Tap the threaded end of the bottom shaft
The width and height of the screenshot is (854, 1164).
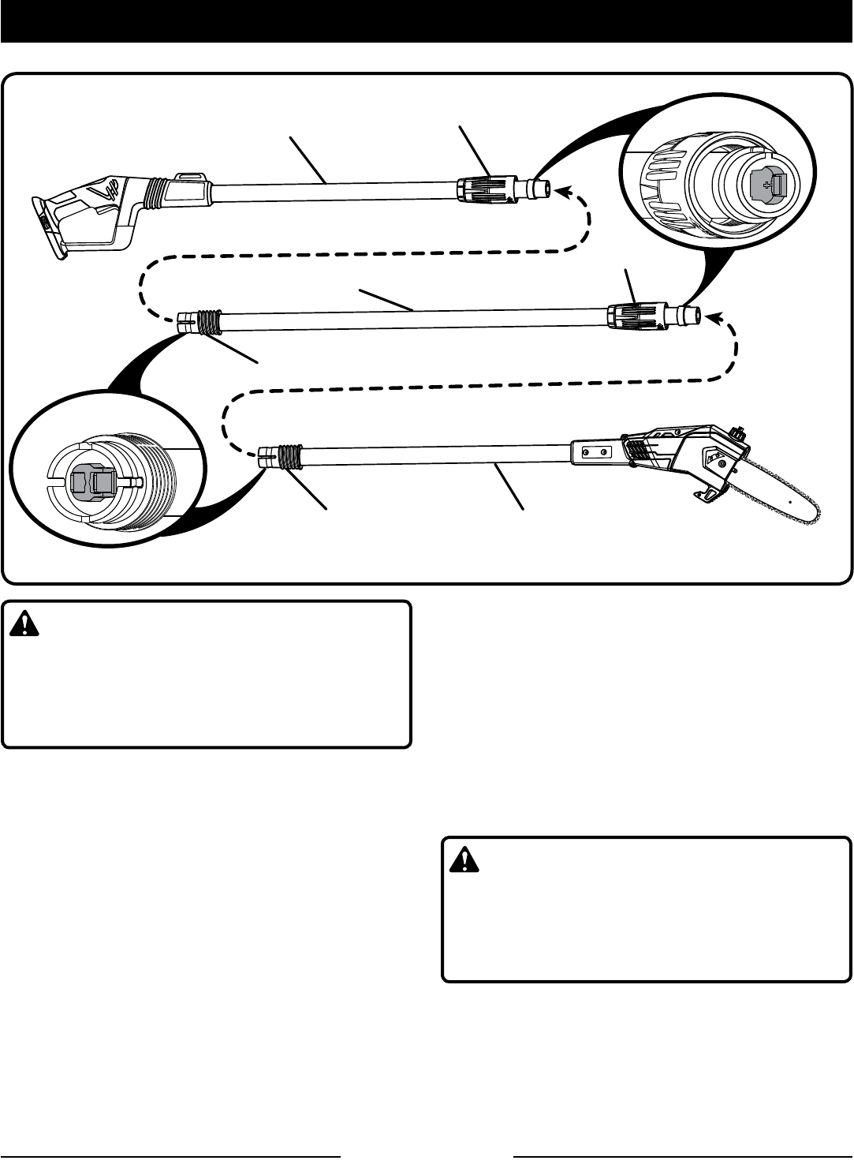tap(289, 455)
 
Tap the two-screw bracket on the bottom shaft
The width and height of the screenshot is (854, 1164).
tap(596, 453)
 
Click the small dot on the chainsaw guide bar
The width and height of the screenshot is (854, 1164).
tap(789, 501)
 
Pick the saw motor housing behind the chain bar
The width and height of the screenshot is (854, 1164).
tap(678, 458)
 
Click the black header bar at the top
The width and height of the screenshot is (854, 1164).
tap(427, 21)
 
